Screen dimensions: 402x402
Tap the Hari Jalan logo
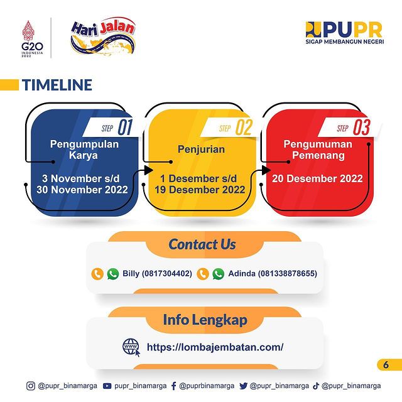[103, 36]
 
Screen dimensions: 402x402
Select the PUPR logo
[345, 33]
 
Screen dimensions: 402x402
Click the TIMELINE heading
[57, 85]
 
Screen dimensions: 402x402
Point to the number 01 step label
[125, 128]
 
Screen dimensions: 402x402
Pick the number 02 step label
[244, 128]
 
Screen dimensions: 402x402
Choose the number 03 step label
[362, 128]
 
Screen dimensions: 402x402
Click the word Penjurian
[201, 149]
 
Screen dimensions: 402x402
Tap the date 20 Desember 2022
[317, 178]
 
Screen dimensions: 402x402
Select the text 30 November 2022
[82, 190]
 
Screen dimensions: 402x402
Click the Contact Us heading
[202, 244]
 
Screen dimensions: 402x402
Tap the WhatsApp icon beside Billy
[113, 274]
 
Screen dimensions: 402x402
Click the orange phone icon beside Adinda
[202, 274]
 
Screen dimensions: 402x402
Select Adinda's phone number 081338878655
[288, 274]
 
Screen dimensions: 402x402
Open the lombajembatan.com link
[215, 347]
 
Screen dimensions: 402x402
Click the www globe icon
[131, 347]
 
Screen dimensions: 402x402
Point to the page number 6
[386, 364]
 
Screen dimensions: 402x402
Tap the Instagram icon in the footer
[31, 386]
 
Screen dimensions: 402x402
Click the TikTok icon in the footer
[316, 386]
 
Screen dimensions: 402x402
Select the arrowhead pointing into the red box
[266, 170]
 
